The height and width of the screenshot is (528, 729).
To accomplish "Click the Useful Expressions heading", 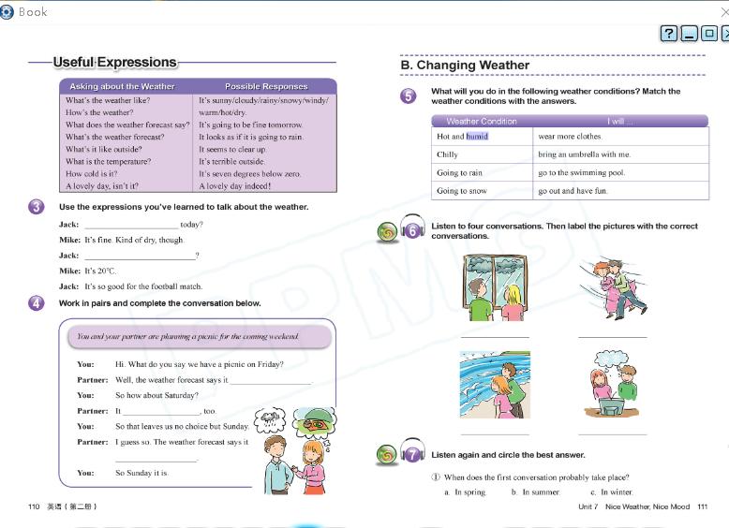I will [x=114, y=63].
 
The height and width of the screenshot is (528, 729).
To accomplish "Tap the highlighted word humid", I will [x=477, y=137].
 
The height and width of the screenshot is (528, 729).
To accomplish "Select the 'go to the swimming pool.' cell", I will [x=581, y=173].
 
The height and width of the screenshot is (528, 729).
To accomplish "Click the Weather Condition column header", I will [x=481, y=122].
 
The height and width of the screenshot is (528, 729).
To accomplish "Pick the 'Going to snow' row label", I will [x=462, y=191].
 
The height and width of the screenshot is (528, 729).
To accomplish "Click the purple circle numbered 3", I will [x=37, y=207].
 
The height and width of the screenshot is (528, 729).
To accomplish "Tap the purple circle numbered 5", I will [x=408, y=95].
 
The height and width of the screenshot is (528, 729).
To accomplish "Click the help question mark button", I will [x=668, y=34].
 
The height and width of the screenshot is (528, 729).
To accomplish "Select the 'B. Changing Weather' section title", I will [x=465, y=66].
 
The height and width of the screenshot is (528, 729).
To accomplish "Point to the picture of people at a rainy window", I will [x=494, y=287].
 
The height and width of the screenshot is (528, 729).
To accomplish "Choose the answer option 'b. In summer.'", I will [x=535, y=492].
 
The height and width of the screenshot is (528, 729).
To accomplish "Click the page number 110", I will [x=34, y=506].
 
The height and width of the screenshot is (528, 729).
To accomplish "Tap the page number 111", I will [x=703, y=506].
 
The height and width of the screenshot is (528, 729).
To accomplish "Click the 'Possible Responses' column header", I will [x=266, y=86].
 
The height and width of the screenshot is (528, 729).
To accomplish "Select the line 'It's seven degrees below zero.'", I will [x=249, y=173].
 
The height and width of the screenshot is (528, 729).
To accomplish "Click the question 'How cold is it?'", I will [x=91, y=173].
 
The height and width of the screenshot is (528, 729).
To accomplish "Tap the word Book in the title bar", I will [x=32, y=11].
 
